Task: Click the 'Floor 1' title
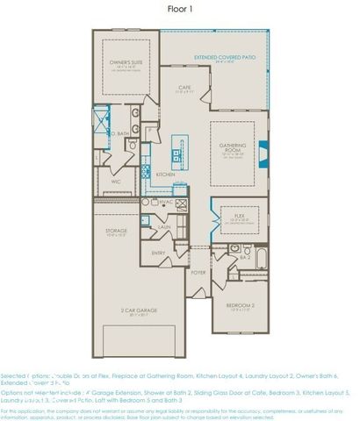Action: [x=179, y=10]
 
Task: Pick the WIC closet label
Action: [x=115, y=182]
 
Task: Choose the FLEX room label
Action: [x=238, y=213]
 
